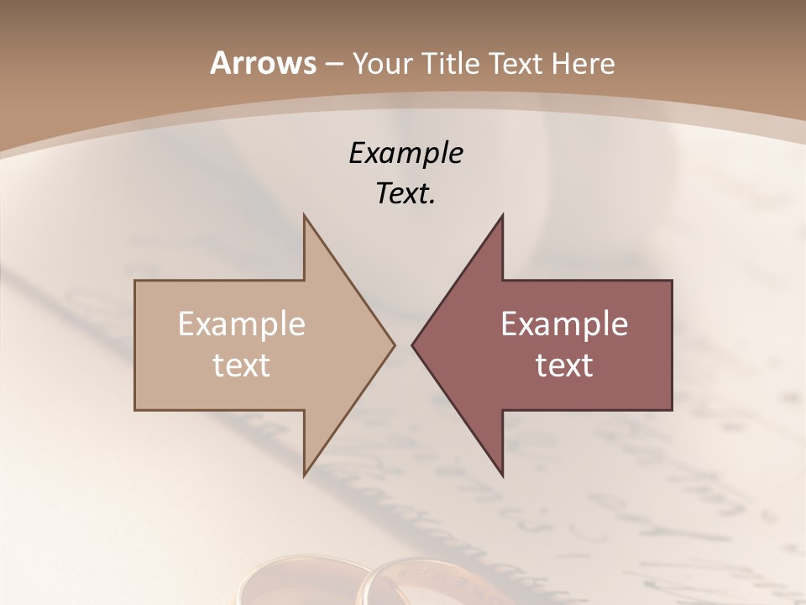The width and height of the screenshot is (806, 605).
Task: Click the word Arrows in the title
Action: (262, 63)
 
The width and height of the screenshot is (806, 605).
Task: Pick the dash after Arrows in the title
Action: (333, 64)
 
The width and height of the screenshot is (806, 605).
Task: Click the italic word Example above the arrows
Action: (406, 153)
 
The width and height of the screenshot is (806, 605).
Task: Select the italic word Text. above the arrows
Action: (406, 193)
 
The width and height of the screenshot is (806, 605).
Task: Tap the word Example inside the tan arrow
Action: (242, 324)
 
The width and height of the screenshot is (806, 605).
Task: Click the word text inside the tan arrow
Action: (242, 365)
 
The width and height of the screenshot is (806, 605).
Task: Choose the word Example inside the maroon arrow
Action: (564, 324)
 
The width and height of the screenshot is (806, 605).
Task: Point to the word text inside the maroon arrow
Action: (564, 365)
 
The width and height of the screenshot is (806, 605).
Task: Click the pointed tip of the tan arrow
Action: (394, 345)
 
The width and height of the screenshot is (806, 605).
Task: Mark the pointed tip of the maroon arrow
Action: (412, 345)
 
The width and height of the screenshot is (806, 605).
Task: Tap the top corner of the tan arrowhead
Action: (305, 216)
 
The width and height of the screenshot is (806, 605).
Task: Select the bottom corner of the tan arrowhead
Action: (305, 474)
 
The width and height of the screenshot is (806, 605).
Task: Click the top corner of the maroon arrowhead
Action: (502, 216)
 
